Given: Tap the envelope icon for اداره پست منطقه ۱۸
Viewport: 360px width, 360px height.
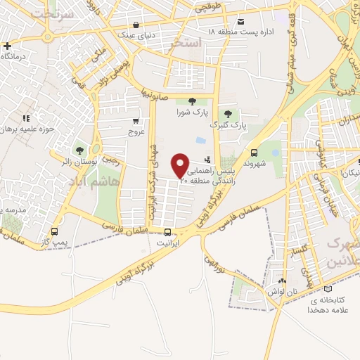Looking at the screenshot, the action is click(x=242, y=21).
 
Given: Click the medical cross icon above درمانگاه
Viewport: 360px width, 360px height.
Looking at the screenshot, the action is click(x=6, y=46).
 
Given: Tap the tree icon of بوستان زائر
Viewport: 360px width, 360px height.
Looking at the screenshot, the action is click(x=79, y=150).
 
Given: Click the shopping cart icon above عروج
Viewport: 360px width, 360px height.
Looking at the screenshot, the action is click(x=136, y=121).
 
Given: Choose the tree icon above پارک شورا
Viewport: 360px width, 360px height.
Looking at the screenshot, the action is click(x=192, y=102).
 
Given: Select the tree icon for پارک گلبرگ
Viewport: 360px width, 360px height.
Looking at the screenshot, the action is click(x=226, y=115).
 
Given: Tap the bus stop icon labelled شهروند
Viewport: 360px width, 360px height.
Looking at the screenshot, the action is click(x=254, y=153).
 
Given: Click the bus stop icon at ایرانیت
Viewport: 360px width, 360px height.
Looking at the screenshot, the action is click(x=167, y=232).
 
